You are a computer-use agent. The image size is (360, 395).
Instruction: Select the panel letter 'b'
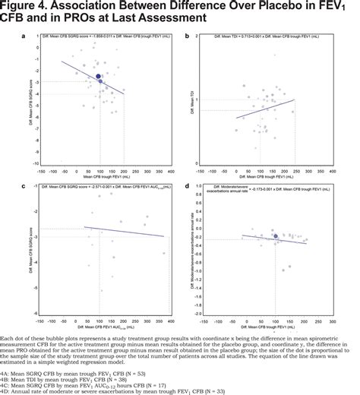point(197,35)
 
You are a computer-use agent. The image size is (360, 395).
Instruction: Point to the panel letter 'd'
point(197,185)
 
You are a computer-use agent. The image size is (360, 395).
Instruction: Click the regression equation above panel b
point(267,36)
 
